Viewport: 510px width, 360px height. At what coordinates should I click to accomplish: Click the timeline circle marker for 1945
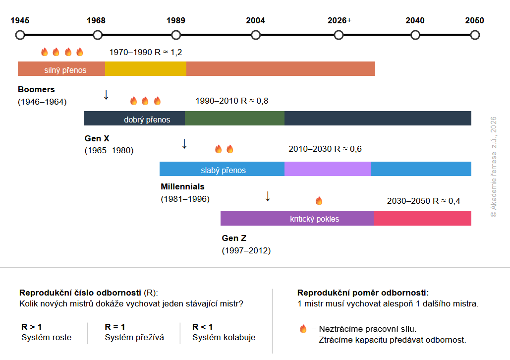coord(20,35)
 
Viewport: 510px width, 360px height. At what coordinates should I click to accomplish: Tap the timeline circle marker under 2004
coord(256,35)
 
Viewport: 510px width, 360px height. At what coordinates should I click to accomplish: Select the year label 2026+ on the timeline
coord(339,20)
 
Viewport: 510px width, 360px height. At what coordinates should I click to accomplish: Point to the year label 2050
coord(474,20)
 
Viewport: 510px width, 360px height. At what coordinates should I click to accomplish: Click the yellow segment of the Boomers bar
coord(146,69)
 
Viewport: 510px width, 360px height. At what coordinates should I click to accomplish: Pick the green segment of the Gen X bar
coord(234,118)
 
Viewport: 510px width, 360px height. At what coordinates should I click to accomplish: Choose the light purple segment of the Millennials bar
coord(328,169)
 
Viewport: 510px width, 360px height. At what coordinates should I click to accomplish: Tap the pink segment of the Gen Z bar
coord(422,218)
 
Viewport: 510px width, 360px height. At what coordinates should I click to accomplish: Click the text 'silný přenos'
coord(65,70)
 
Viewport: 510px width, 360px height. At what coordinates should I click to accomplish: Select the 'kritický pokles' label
coord(315,219)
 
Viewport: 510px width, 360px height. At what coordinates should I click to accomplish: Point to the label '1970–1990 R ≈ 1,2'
coord(145,52)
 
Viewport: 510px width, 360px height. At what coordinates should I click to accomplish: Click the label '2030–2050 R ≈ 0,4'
coord(423,201)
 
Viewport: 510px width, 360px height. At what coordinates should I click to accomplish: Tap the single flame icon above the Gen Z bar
coord(319,200)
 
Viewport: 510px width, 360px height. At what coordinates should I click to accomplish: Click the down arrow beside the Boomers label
coord(106,94)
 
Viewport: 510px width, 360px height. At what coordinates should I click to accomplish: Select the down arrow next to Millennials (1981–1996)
coord(268,196)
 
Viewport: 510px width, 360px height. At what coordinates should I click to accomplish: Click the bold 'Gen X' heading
coord(97,138)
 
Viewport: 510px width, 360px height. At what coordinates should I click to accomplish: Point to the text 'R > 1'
coord(32,327)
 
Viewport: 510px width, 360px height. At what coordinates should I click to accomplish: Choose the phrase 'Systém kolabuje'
coord(224,337)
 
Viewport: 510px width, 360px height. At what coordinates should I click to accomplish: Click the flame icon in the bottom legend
coord(303,329)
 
